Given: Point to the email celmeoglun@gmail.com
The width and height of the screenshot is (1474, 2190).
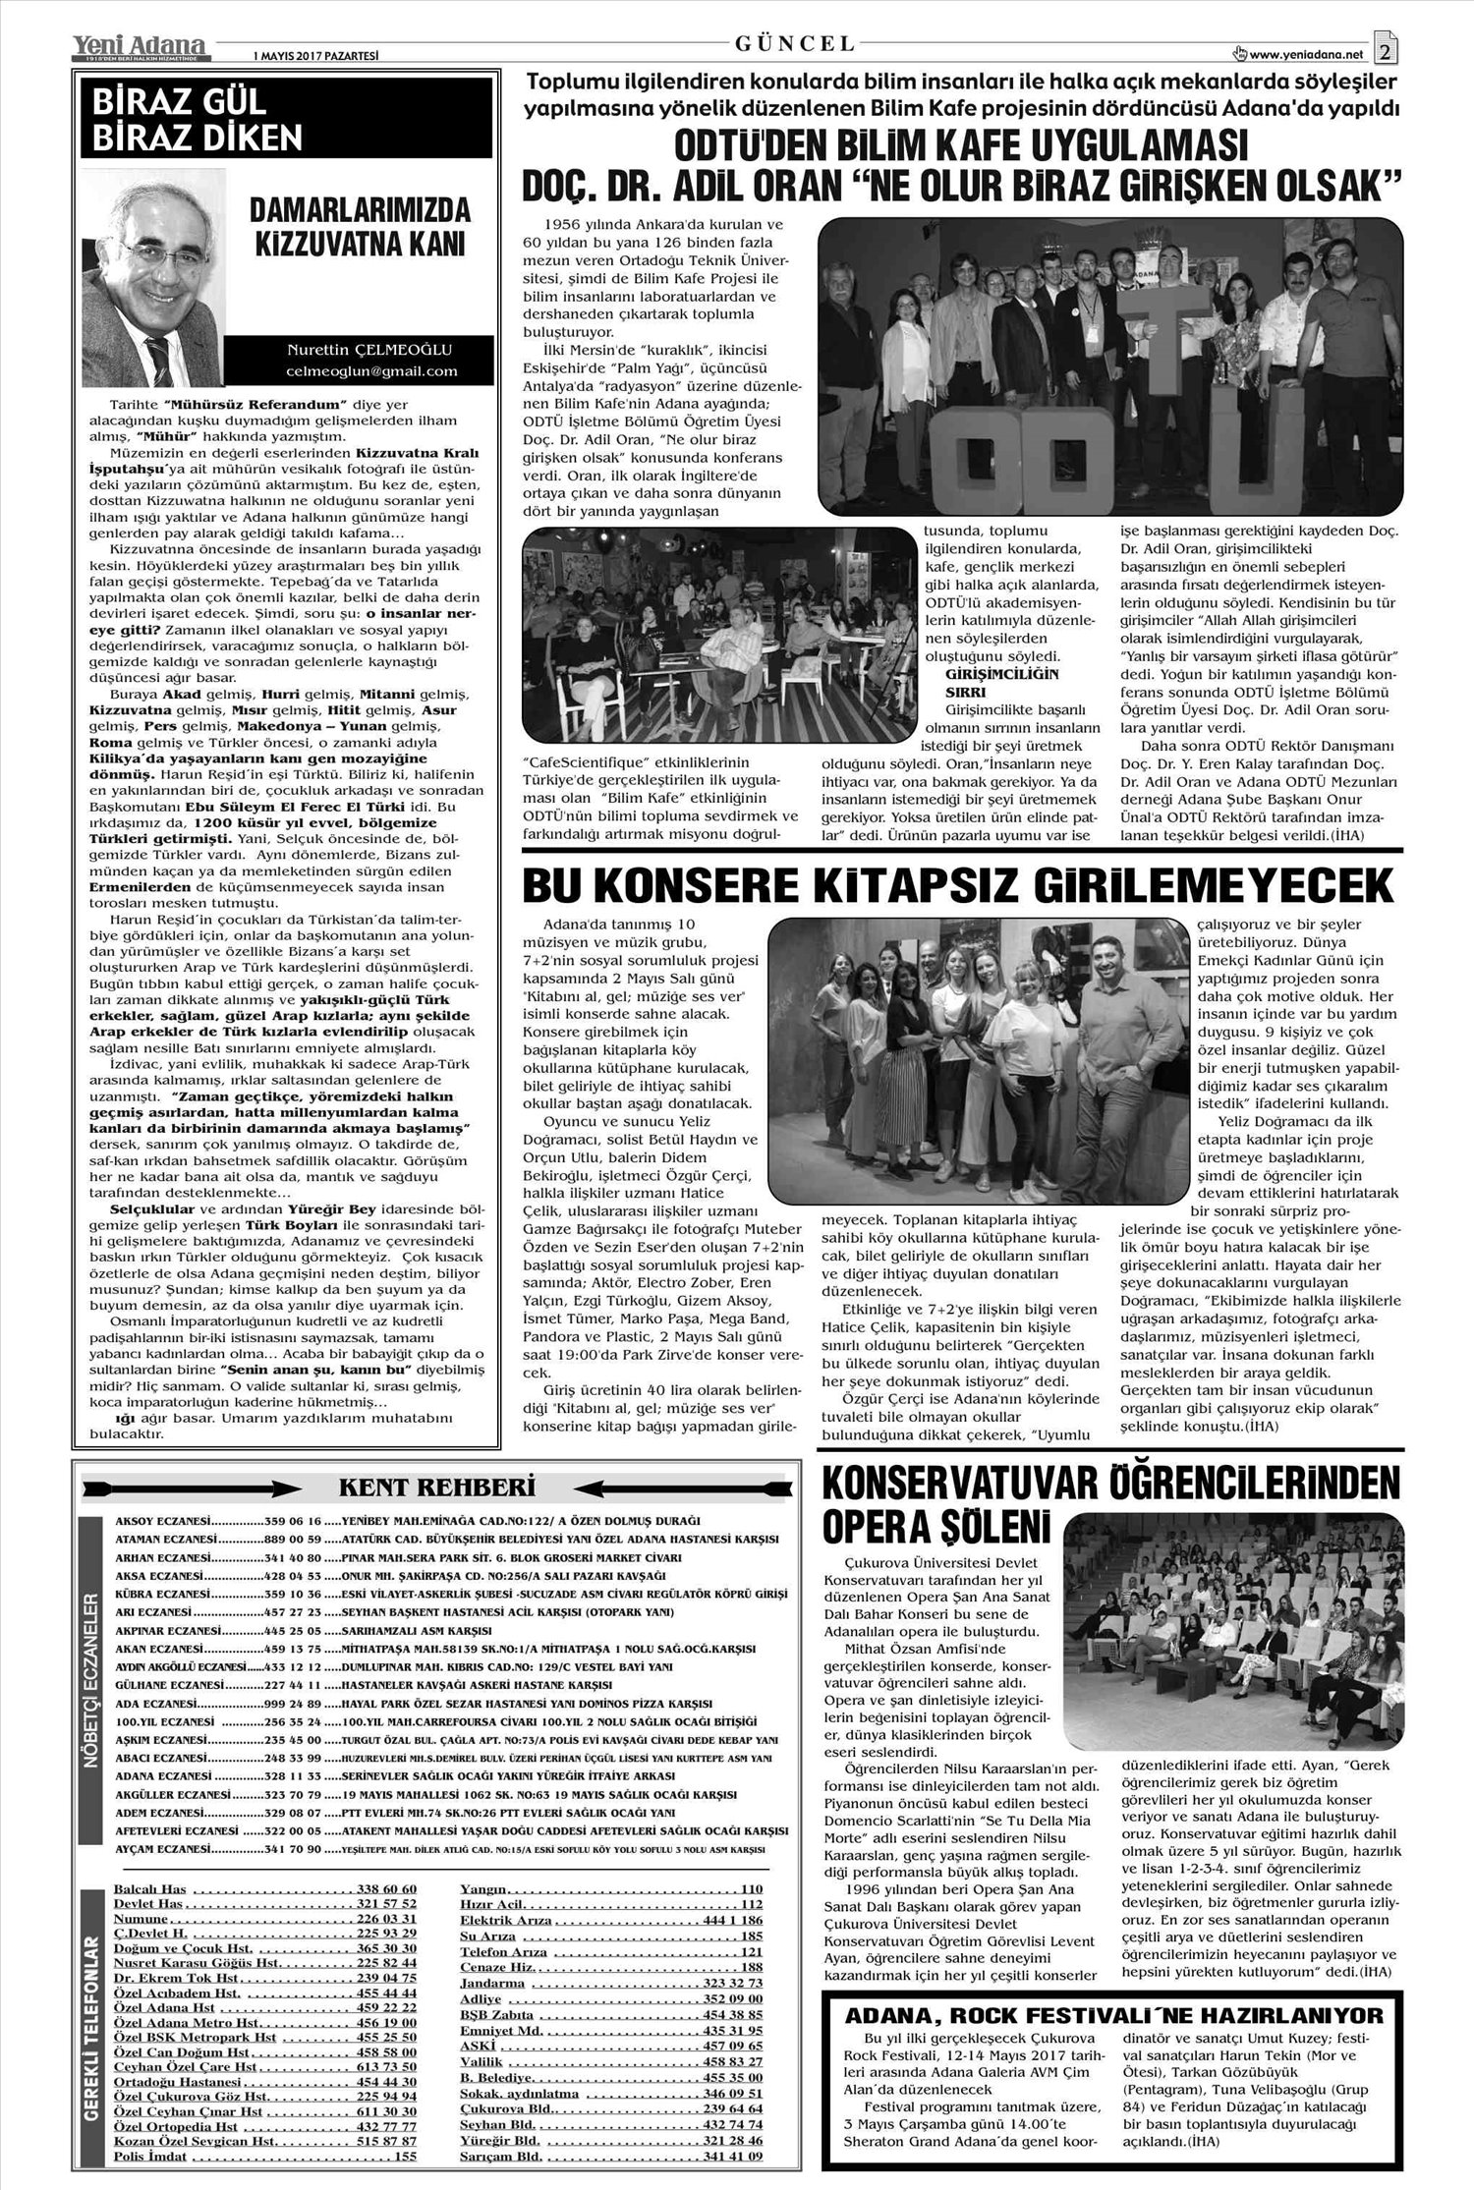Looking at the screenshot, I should pyautogui.click(x=371, y=371).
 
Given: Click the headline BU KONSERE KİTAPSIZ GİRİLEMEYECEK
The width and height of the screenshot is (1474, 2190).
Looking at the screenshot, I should pyautogui.click(x=957, y=886).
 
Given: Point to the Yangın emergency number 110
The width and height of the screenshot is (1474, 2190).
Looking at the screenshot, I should pyautogui.click(x=752, y=1889).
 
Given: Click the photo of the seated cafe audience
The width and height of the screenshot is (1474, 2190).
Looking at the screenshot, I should pyautogui.click(x=719, y=639).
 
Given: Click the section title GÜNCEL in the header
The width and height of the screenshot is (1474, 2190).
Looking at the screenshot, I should pyautogui.click(x=794, y=43).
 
